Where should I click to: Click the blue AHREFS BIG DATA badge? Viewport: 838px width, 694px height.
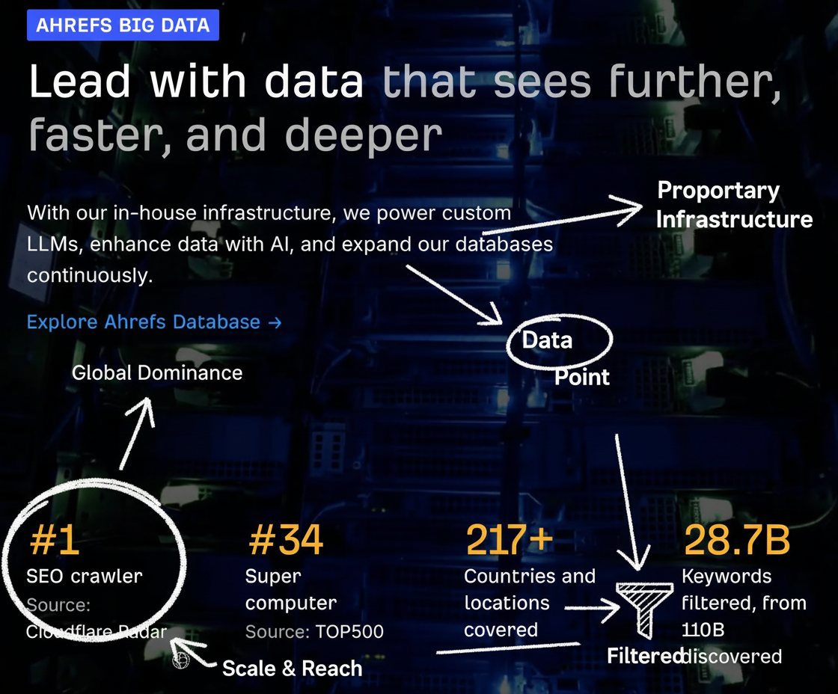point(123,25)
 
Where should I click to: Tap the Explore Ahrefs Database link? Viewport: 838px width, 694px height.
point(154,322)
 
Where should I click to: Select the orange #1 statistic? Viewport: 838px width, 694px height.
point(55,540)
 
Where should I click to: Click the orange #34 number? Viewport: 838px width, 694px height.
point(286,540)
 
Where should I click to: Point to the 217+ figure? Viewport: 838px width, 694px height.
point(510,540)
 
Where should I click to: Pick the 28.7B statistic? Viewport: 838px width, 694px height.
point(736,540)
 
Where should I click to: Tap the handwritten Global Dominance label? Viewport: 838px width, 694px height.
point(157,373)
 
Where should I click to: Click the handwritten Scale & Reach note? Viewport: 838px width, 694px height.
point(293,669)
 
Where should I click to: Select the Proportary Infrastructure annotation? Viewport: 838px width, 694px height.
point(734,205)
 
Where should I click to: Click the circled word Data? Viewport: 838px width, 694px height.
point(547,340)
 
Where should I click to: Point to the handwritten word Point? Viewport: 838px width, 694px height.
point(582,377)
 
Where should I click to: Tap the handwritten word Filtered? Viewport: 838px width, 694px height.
point(645,656)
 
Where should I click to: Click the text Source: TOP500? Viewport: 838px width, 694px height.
point(314,631)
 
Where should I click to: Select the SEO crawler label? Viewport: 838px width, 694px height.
point(85,576)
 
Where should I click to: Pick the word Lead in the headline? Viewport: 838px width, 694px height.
point(80,82)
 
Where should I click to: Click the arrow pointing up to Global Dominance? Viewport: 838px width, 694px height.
point(137,434)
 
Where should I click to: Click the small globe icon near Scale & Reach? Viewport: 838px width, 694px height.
point(181,660)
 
